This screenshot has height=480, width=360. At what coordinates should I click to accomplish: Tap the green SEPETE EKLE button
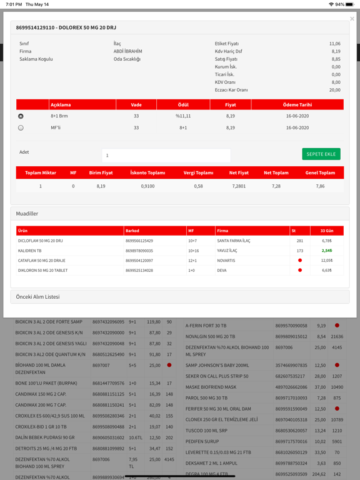click(x=321, y=154)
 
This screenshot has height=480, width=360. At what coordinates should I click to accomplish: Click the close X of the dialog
click(x=352, y=19)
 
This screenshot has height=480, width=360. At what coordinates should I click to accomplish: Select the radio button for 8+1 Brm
click(x=21, y=116)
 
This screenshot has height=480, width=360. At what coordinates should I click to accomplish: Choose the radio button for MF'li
click(x=21, y=127)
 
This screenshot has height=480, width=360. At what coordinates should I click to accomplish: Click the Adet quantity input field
click(x=166, y=155)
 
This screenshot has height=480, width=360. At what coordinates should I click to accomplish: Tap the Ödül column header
click(x=183, y=105)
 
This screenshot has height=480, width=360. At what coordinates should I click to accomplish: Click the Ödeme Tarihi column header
click(x=297, y=105)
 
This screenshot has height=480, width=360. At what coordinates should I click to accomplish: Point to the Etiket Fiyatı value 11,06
click(x=334, y=44)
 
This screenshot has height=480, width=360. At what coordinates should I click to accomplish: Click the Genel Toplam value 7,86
click(x=320, y=186)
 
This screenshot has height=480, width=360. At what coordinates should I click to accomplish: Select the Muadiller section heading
click(x=27, y=214)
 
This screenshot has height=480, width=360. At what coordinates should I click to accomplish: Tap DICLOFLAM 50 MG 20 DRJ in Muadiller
click(x=41, y=241)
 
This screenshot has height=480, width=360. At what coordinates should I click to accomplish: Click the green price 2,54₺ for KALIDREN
click(x=327, y=251)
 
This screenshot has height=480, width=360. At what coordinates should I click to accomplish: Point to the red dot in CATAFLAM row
click(x=300, y=261)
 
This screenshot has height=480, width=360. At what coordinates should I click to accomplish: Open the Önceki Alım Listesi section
click(x=37, y=297)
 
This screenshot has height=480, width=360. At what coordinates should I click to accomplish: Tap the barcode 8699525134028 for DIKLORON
click(x=139, y=271)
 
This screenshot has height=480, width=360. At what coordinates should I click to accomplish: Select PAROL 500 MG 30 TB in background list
click(x=206, y=398)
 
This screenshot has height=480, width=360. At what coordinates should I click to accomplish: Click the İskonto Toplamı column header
click(x=147, y=172)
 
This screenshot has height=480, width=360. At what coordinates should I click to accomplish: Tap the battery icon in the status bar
click(x=349, y=4)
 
